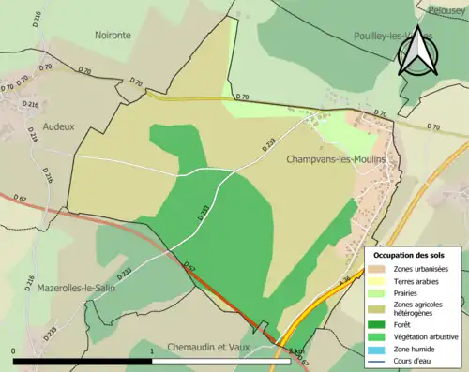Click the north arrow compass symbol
pos(416,52)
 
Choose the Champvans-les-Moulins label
pos(337,160)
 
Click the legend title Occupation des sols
pos(410,254)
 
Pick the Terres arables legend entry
pos(418,281)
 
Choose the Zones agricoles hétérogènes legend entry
pos(422,309)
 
